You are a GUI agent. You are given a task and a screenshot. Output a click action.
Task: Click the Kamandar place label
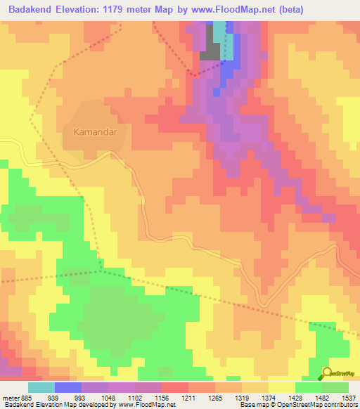click(94, 131)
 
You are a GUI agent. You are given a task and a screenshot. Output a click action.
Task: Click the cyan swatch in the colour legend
click(41, 387)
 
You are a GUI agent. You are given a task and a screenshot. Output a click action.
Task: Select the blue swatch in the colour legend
click(67, 387)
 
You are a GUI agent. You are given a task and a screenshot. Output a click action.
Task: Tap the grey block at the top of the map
click(210, 51)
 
